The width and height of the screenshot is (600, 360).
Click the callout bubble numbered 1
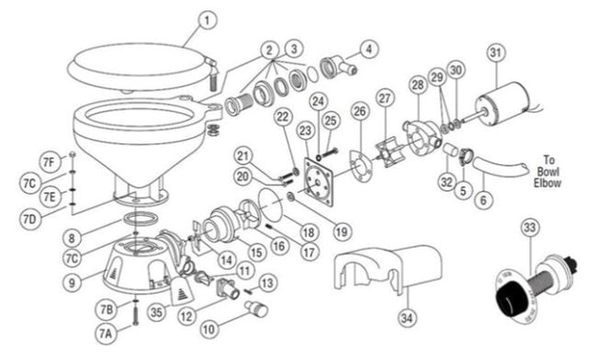(207, 20)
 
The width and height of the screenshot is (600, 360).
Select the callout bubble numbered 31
(496, 52)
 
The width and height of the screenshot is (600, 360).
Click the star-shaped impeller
(389, 153)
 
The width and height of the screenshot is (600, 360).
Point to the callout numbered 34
(407, 318)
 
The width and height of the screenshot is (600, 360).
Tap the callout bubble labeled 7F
(49, 163)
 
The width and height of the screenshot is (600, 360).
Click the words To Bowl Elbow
(548, 171)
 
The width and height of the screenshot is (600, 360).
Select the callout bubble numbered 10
(209, 330)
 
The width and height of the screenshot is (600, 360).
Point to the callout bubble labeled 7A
(106, 333)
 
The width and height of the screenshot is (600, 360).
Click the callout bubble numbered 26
(359, 112)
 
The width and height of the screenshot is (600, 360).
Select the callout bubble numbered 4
(368, 49)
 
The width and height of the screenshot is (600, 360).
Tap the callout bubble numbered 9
(73, 283)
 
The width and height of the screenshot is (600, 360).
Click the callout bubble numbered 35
(156, 312)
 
